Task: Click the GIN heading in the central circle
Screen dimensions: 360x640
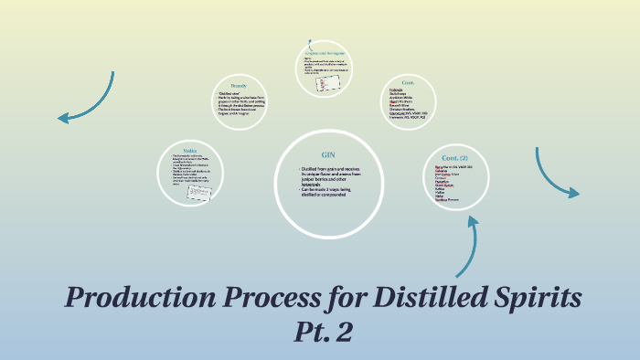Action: click(x=328, y=154)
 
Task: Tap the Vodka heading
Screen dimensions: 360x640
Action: click(x=189, y=151)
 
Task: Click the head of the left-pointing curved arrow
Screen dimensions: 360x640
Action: click(x=61, y=117)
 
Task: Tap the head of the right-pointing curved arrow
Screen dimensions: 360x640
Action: click(x=575, y=193)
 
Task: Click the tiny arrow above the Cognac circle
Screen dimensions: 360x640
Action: click(x=311, y=42)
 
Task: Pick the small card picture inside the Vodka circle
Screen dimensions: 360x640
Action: click(x=200, y=193)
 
